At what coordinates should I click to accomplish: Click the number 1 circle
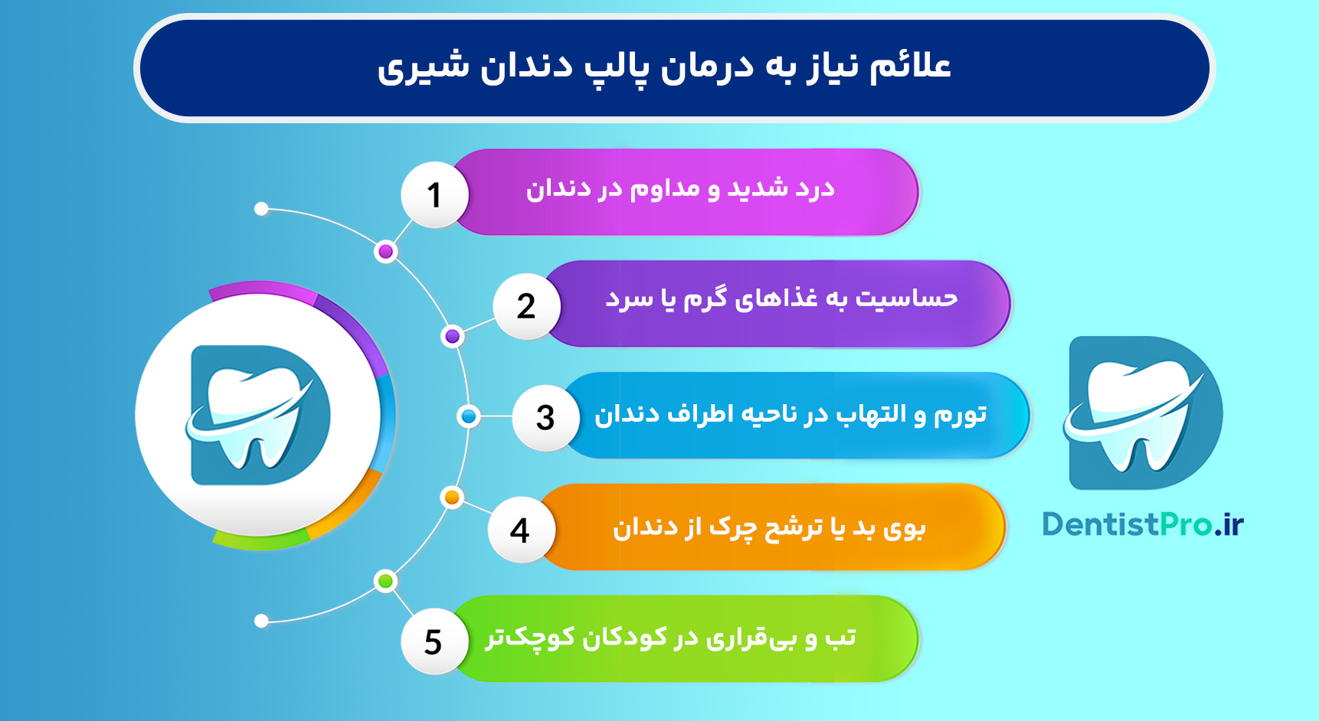click(x=434, y=195)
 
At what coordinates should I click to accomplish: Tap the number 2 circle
click(x=526, y=307)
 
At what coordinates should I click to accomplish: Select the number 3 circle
click(x=545, y=418)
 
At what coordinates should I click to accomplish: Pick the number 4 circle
click(x=520, y=530)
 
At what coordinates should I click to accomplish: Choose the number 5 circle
click(x=434, y=641)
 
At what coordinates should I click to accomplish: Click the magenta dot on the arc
click(x=386, y=252)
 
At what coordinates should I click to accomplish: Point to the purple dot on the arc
click(x=453, y=336)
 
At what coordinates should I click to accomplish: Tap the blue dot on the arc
click(x=468, y=416)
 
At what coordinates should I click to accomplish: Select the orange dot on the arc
click(x=452, y=498)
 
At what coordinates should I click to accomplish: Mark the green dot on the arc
click(x=385, y=581)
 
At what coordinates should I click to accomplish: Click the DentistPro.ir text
click(x=1142, y=525)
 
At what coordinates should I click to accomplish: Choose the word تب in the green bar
click(x=840, y=638)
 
